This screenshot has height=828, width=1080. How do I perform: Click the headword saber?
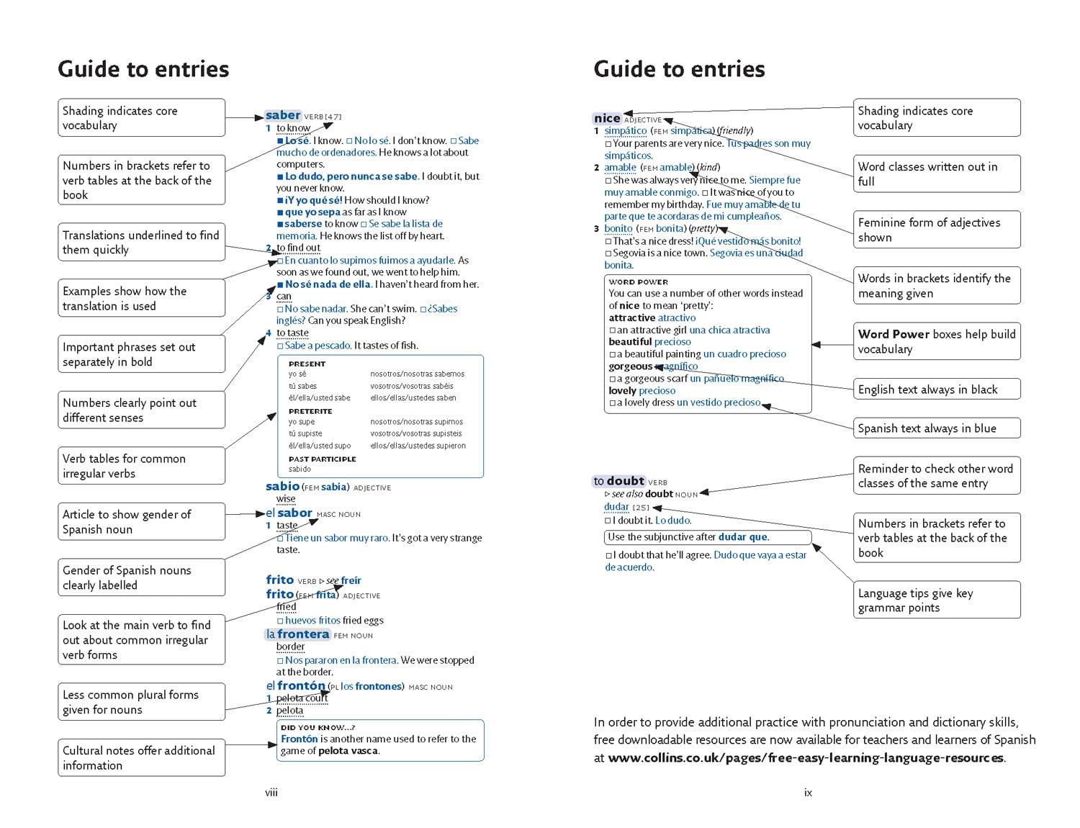click(282, 115)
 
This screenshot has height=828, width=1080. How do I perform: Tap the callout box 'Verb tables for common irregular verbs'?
click(141, 466)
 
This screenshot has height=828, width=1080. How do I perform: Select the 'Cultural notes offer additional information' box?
click(141, 757)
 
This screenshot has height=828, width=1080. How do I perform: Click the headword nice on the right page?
click(607, 118)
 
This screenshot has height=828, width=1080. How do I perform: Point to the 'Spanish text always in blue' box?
click(936, 428)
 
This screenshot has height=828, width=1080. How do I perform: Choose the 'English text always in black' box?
click(936, 390)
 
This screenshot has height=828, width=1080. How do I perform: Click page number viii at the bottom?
click(271, 793)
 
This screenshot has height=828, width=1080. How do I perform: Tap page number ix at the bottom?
click(808, 793)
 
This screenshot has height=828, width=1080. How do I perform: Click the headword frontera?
click(303, 634)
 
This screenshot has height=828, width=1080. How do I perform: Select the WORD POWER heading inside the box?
click(638, 282)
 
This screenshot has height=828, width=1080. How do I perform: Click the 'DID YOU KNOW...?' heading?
click(318, 727)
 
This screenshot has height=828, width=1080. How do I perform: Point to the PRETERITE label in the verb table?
click(310, 411)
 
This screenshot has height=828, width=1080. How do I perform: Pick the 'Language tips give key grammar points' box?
click(936, 600)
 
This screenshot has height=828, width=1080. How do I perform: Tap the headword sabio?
click(282, 487)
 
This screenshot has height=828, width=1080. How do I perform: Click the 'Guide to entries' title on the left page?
click(143, 69)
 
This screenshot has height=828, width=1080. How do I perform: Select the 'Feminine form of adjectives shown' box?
click(936, 230)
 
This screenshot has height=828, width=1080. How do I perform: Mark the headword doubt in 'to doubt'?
click(625, 481)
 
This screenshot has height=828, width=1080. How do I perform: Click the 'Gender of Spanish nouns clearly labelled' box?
click(141, 577)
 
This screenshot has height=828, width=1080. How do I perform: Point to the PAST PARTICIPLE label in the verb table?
click(322, 459)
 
